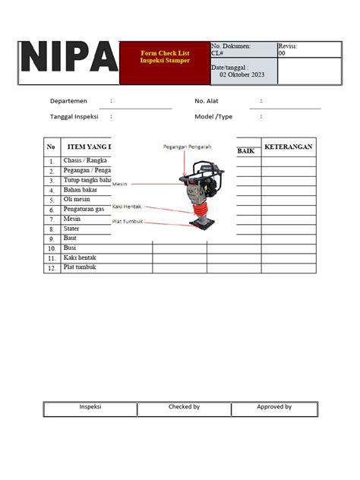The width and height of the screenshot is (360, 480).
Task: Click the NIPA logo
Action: click(68, 59)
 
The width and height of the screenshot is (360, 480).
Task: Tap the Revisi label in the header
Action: click(288, 46)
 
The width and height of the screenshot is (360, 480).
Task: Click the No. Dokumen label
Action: click(231, 46)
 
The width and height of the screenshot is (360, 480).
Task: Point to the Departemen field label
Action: click(68, 101)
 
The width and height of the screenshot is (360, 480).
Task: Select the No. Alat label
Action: click(207, 101)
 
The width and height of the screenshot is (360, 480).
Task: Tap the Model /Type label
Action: click(213, 117)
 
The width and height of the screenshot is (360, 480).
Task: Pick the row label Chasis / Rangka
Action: click(86, 161)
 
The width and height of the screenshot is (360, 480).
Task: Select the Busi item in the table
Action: click(71, 248)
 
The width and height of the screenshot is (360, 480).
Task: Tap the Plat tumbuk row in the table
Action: click(80, 267)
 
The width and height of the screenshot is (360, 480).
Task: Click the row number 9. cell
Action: click(52, 238)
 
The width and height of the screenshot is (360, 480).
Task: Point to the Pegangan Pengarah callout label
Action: click(187, 147)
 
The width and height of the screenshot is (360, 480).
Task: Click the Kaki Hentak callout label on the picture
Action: click(128, 206)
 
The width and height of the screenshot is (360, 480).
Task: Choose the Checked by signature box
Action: click(184, 408)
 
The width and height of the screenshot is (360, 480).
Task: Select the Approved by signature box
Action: click(273, 408)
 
